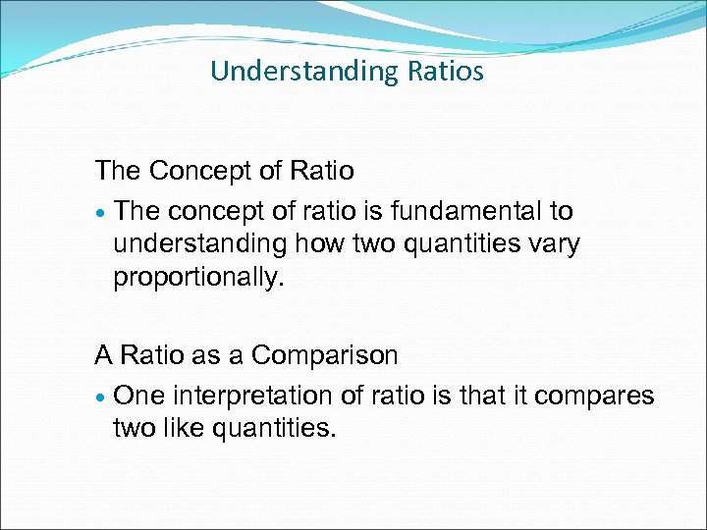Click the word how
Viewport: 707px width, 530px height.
(309, 244)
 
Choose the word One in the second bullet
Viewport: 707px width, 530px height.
(137, 396)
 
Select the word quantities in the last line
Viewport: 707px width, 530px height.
(274, 429)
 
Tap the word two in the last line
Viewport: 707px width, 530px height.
(135, 429)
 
